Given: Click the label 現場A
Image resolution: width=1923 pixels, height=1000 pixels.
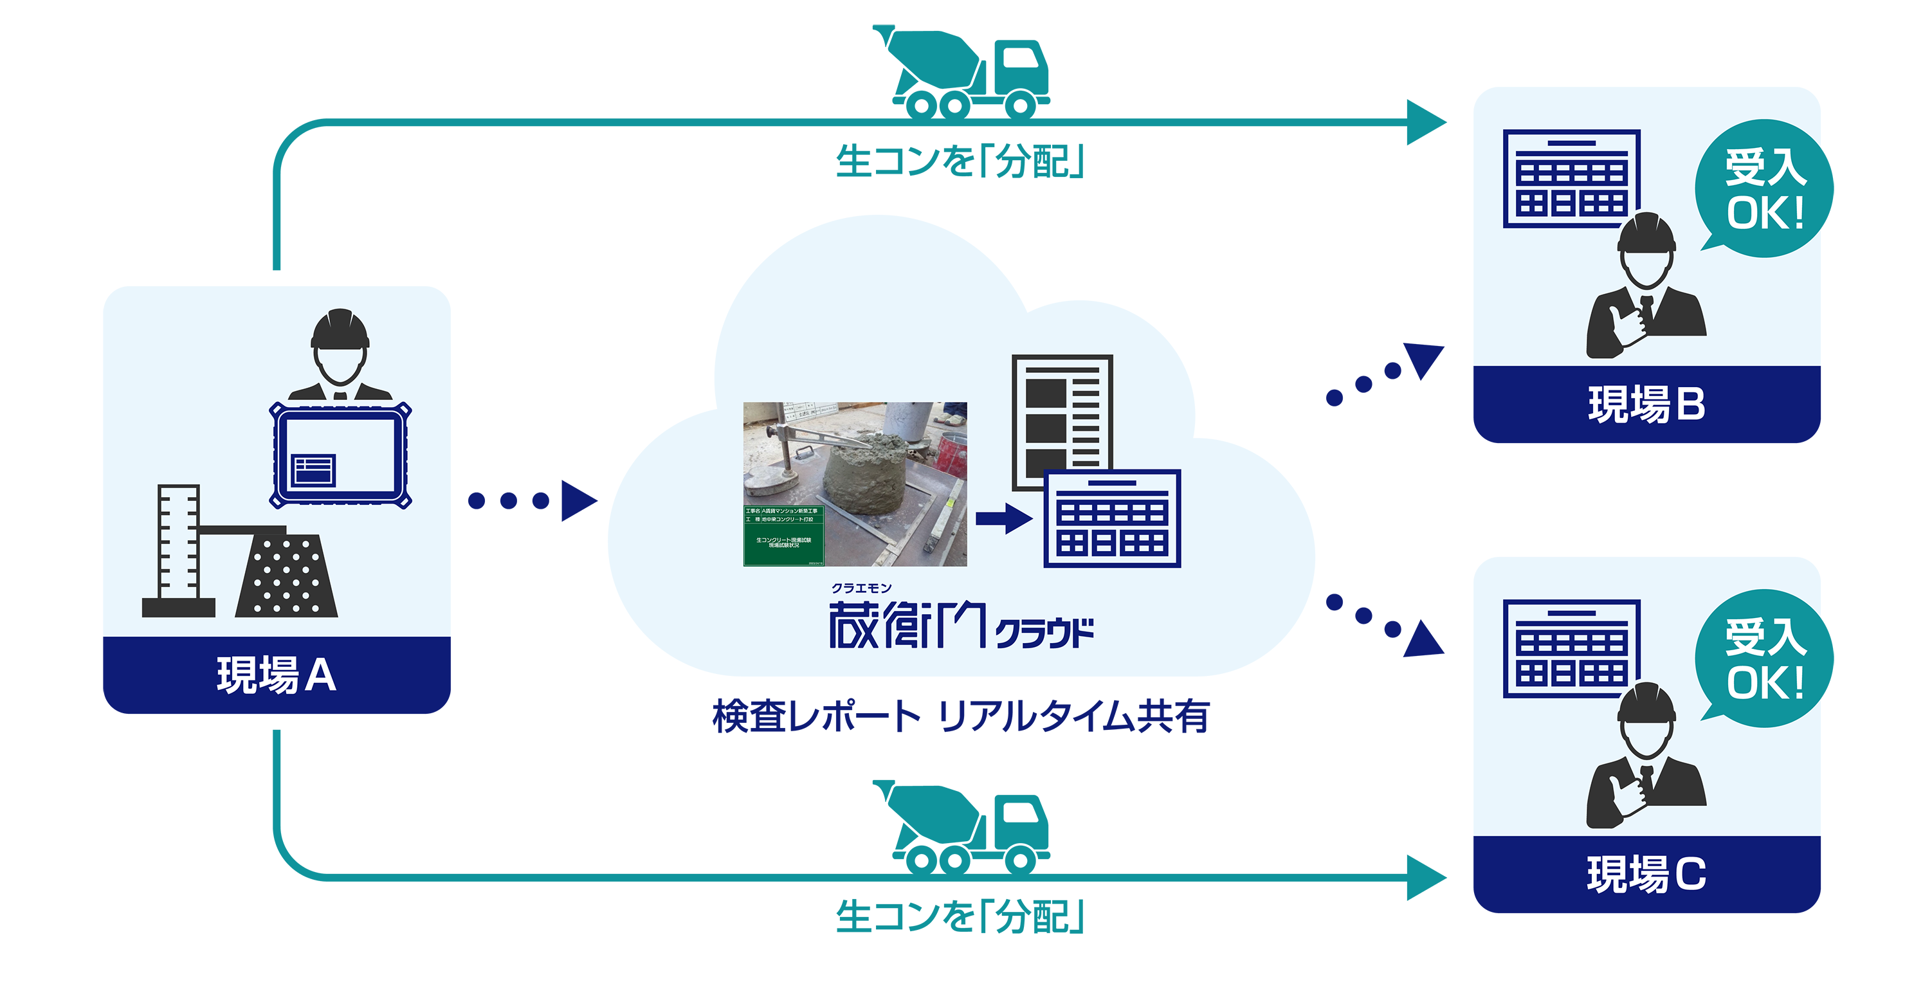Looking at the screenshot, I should (x=276, y=675).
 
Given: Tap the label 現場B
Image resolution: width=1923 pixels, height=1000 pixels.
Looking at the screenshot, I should (x=1646, y=405).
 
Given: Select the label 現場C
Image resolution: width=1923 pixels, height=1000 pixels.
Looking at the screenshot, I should (x=1646, y=874).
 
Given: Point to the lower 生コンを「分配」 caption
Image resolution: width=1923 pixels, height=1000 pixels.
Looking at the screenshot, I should (x=960, y=916).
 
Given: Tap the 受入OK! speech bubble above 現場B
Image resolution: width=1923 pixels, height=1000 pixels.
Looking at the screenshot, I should (x=1764, y=190).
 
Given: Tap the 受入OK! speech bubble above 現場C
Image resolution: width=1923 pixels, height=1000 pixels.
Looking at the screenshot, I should (x=1764, y=660).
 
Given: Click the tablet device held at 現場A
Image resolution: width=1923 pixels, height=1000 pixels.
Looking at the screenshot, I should (x=340, y=455).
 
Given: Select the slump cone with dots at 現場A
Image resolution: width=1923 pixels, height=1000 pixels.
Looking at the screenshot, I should (x=287, y=575).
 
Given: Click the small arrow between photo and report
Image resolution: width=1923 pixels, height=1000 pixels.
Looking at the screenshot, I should (x=1003, y=517).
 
